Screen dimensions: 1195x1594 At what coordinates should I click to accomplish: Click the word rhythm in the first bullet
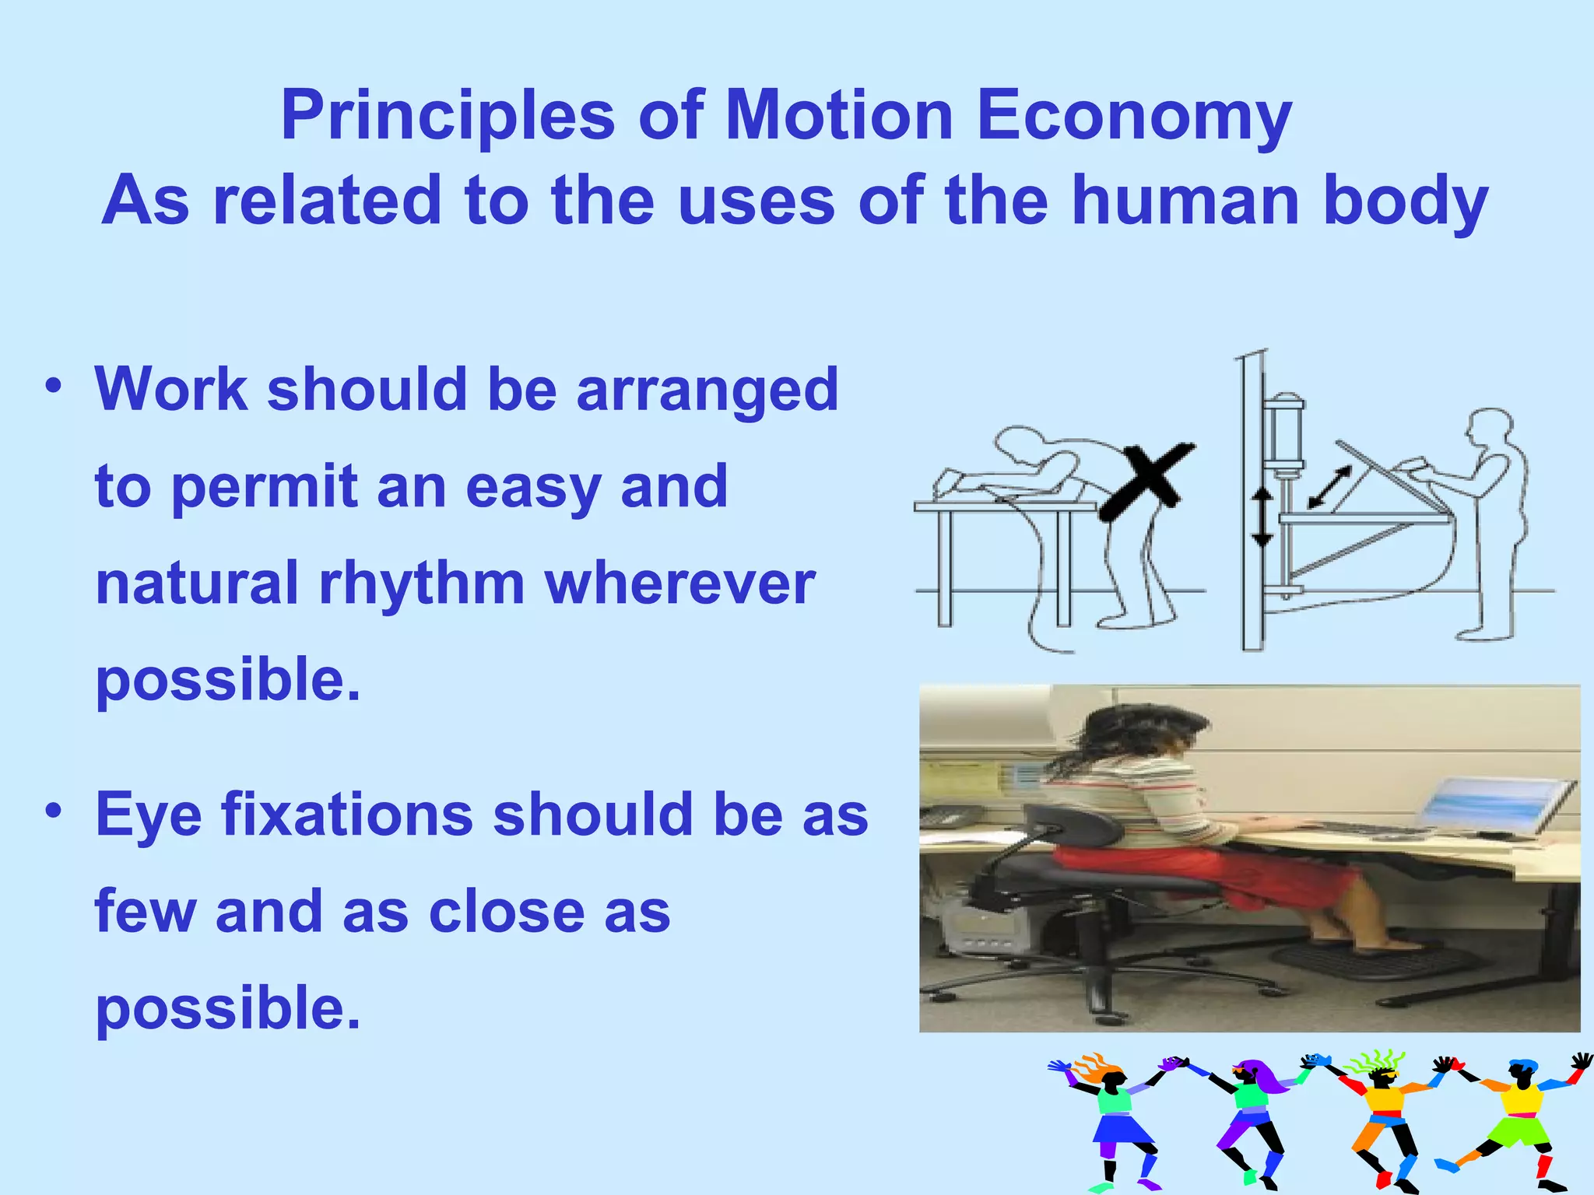click(x=421, y=583)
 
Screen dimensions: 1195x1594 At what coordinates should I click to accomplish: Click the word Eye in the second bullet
click(x=148, y=815)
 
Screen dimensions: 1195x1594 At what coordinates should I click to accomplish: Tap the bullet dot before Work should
click(x=53, y=386)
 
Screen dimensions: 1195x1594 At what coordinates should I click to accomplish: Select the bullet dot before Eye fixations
click(x=53, y=811)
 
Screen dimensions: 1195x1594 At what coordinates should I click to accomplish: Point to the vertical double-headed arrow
click(x=1262, y=517)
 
